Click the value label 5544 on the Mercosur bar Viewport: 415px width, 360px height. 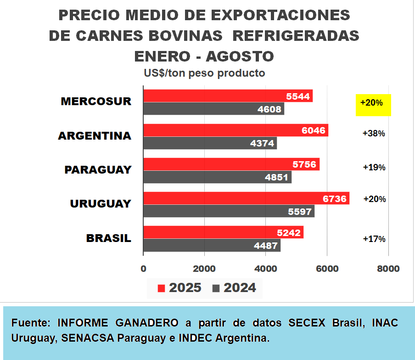[x=298, y=96]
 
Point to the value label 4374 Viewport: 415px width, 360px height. [x=263, y=144]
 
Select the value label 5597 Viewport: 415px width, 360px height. [x=299, y=212]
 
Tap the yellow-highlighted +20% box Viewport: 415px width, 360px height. [x=373, y=104]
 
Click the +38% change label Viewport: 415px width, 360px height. [x=374, y=134]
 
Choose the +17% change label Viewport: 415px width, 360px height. [x=374, y=239]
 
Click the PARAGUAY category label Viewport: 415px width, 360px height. [x=98, y=170]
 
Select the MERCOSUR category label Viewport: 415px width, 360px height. [x=96, y=101]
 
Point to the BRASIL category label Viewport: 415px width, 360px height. [x=109, y=238]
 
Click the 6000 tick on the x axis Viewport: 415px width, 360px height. [x=327, y=269]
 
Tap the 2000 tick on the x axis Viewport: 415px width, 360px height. [x=204, y=269]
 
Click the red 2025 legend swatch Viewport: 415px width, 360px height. [x=161, y=288]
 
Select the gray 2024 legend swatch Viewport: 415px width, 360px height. [x=216, y=288]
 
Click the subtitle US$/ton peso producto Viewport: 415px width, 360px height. [x=204, y=73]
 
